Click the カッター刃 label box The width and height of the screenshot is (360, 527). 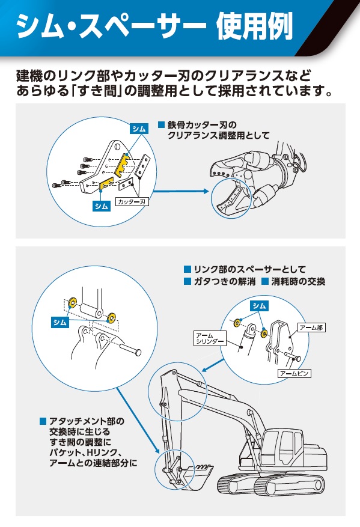click(132, 202)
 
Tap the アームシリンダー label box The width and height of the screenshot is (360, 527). click(210, 338)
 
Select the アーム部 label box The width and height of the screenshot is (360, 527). click(311, 327)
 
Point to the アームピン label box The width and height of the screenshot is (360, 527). click(294, 373)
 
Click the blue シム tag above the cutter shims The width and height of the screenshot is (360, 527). click(139, 129)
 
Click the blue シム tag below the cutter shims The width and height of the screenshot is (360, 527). click(101, 206)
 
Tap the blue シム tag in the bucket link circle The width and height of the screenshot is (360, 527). click(60, 322)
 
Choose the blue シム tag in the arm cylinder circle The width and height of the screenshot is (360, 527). click(259, 305)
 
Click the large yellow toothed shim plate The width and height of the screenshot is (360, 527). click(123, 165)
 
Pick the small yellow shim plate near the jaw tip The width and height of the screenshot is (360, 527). click(107, 183)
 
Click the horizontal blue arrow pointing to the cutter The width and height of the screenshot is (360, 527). click(181, 191)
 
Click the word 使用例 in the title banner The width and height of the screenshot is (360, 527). click(254, 26)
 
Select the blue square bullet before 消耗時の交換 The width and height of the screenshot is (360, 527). click(265, 281)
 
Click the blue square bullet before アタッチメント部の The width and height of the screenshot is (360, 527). click(43, 421)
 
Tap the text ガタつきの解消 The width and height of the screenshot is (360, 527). click(225, 281)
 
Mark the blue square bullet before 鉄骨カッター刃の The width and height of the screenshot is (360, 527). click(161, 125)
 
